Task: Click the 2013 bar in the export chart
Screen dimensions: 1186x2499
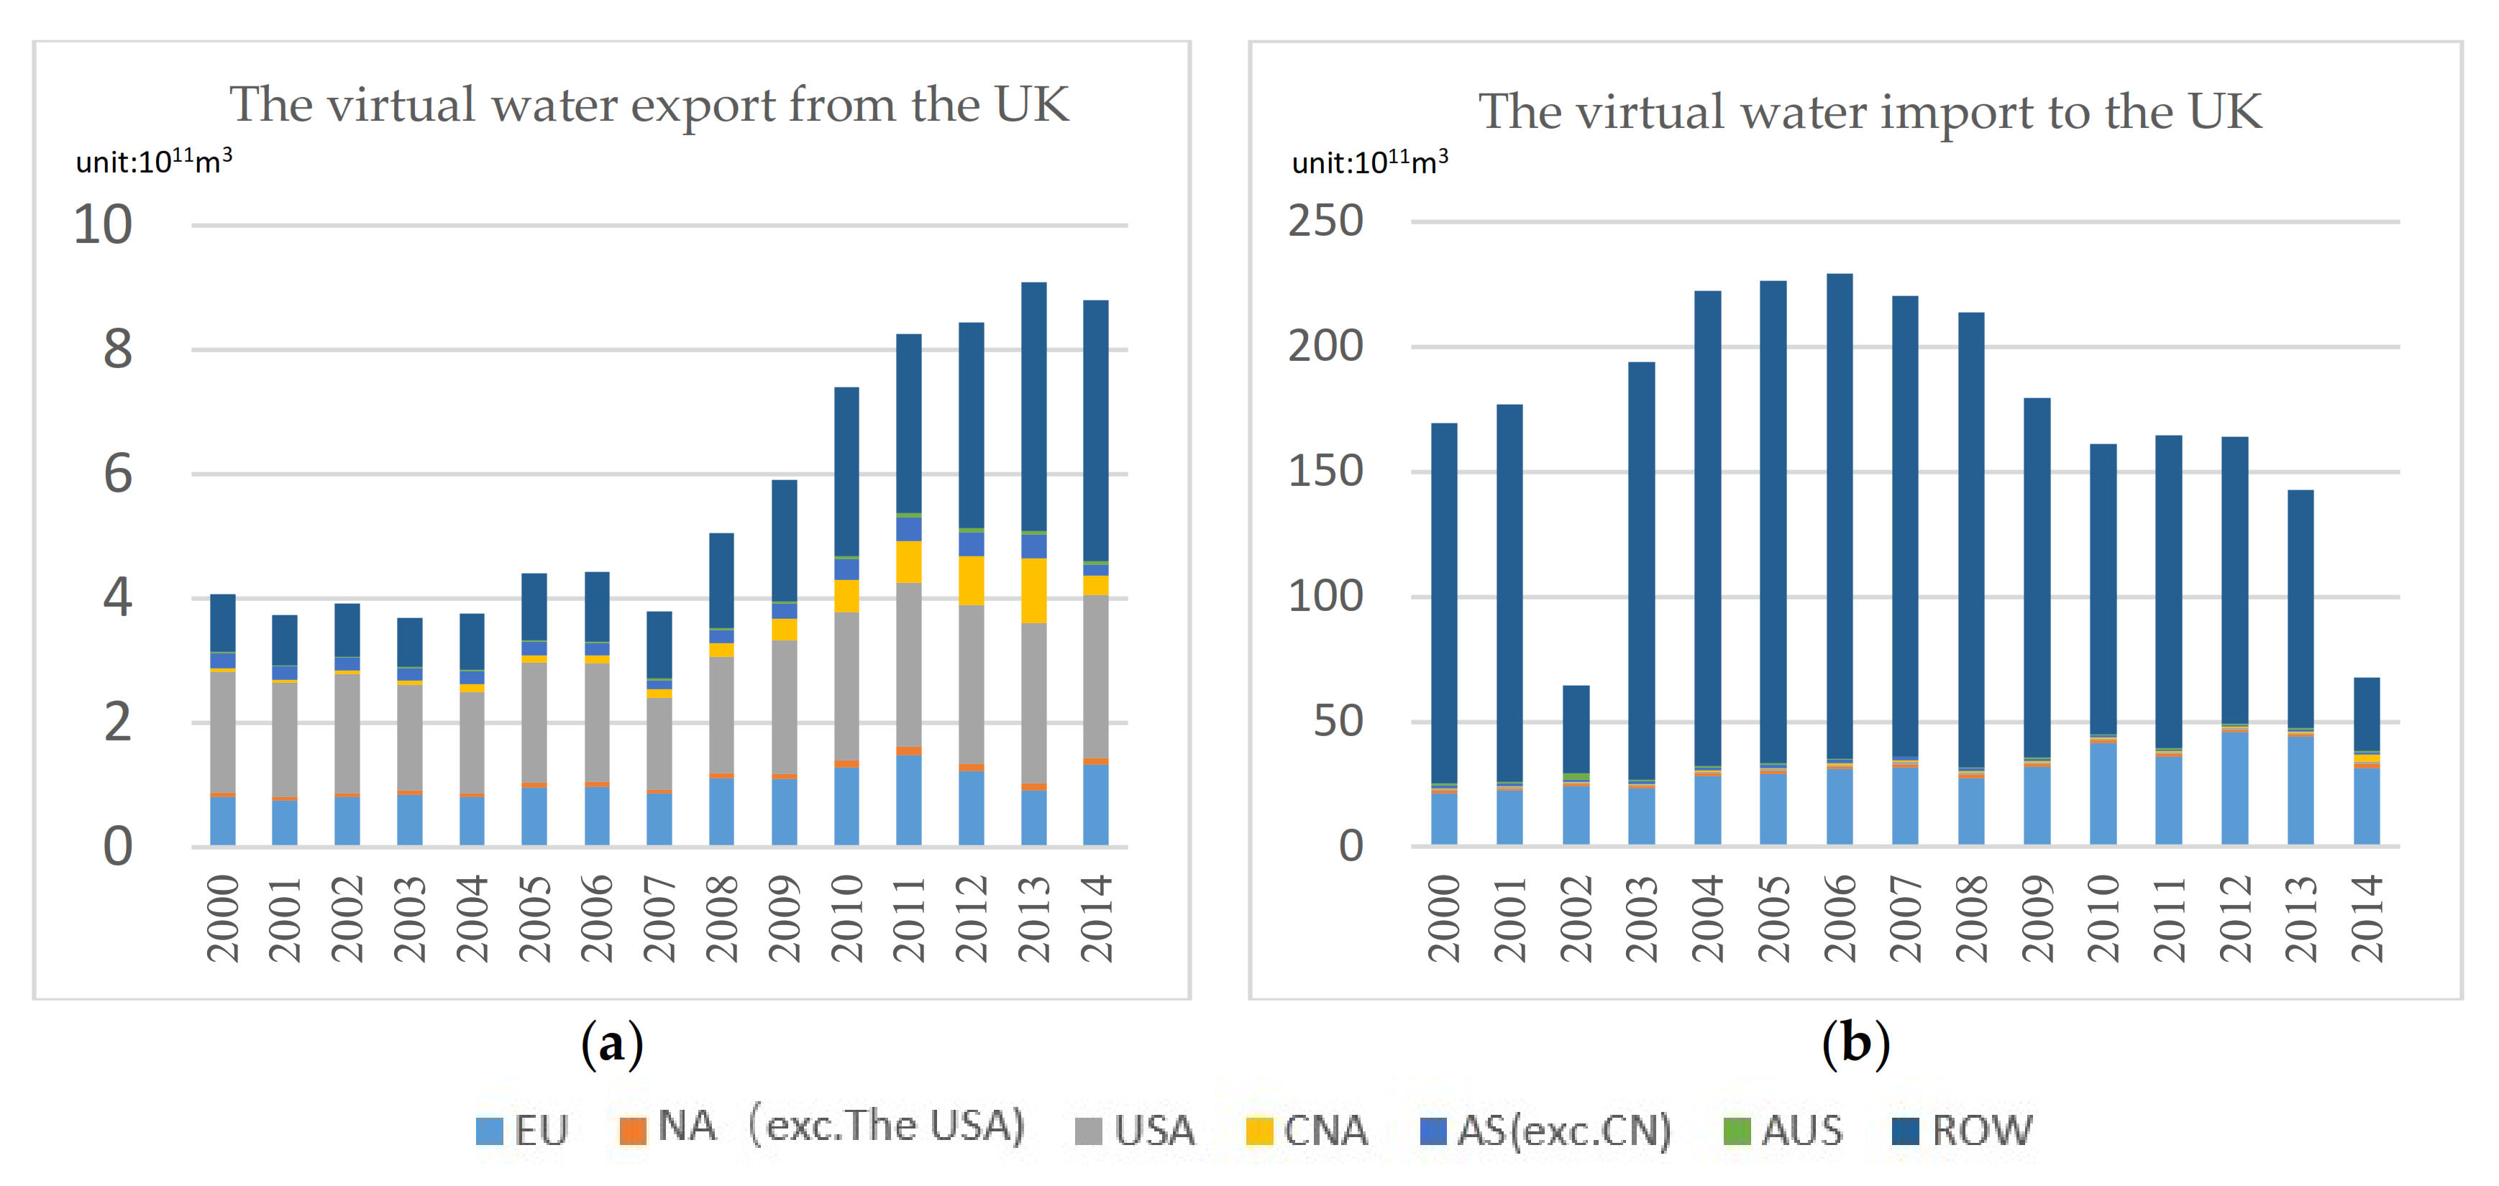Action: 1033,563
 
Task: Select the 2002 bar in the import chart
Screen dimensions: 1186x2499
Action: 1576,766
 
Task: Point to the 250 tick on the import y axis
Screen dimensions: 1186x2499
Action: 1325,221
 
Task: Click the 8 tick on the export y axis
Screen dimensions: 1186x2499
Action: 117,349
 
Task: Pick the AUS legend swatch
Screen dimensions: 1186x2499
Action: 1737,1131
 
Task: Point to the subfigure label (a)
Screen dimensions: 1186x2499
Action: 611,1044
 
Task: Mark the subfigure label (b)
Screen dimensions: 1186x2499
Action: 1855,1044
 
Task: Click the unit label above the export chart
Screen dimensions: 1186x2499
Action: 153,161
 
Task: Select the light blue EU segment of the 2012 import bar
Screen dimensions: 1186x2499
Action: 2234,788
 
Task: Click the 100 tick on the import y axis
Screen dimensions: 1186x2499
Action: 1325,597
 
